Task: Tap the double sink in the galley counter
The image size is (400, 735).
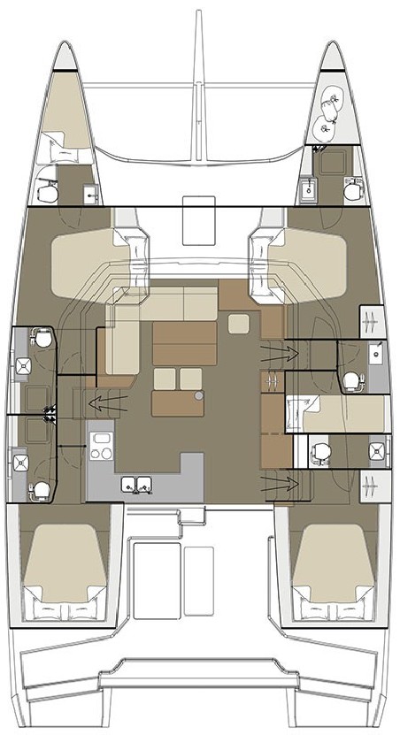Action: click(136, 483)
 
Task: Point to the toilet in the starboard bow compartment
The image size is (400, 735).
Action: click(353, 188)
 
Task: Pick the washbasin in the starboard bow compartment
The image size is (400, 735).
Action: click(308, 188)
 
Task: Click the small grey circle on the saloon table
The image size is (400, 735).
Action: click(200, 395)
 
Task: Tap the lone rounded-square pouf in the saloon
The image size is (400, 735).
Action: click(239, 324)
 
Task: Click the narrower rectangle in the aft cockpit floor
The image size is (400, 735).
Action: click(199, 574)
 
